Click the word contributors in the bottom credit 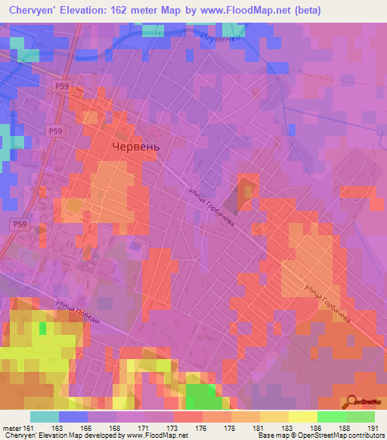coord(364,435)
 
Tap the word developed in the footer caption coord(104,435)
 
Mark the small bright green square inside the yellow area coord(43,328)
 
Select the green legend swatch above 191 coord(361,416)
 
